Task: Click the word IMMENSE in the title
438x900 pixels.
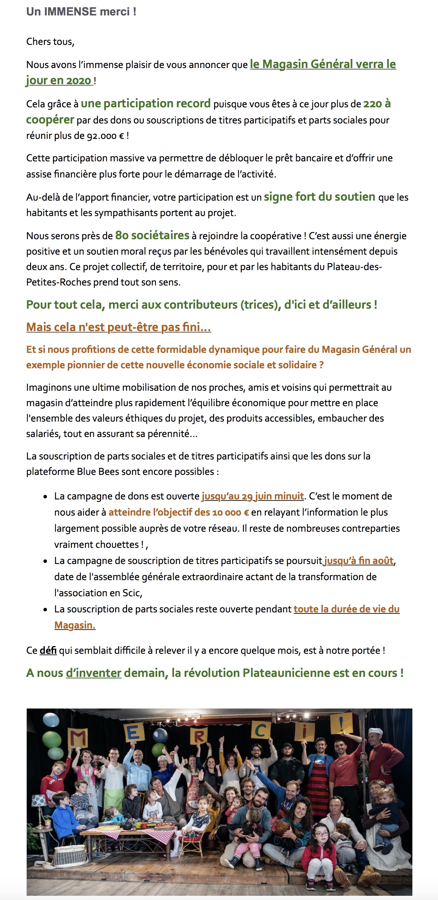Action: pyautogui.click(x=70, y=12)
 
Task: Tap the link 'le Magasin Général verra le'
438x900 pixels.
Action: pyautogui.click(x=323, y=64)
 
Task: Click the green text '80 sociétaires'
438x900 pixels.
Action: pyautogui.click(x=152, y=235)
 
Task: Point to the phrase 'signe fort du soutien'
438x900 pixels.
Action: pyautogui.click(x=319, y=197)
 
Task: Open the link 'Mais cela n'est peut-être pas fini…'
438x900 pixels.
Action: pyautogui.click(x=119, y=327)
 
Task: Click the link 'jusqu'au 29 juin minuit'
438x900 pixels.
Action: pyautogui.click(x=253, y=496)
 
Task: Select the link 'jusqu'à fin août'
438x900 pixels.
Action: pyautogui.click(x=359, y=560)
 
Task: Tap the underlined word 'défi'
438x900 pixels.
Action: pyautogui.click(x=48, y=650)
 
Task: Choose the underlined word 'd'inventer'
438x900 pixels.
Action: pyautogui.click(x=94, y=673)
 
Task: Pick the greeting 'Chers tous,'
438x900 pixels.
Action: pyautogui.click(x=50, y=42)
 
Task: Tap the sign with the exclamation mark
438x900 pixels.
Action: pyautogui.click(x=341, y=723)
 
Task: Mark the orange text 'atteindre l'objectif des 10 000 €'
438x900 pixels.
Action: pyautogui.click(x=179, y=512)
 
